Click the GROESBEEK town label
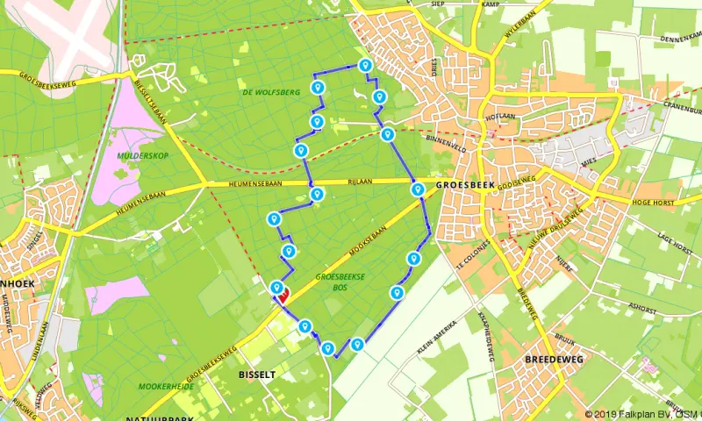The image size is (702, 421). point(465,185)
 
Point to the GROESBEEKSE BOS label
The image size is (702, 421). point(340,281)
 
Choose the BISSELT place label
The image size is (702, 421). point(257,374)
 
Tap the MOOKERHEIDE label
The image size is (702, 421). point(165,386)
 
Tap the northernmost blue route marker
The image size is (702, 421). point(365,65)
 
